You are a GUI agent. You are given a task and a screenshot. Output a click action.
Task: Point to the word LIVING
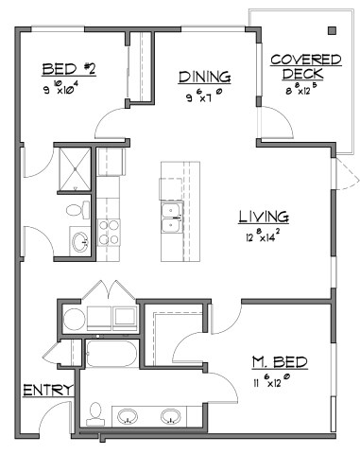pyautogui.click(x=263, y=217)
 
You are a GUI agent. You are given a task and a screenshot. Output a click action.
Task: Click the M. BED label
pyautogui.click(x=280, y=363)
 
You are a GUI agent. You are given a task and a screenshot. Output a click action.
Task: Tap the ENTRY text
pyautogui.click(x=42, y=390)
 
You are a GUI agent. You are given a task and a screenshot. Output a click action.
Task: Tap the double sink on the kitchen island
pyautogui.click(x=173, y=218)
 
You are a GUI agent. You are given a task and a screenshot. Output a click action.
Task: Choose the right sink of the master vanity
pyautogui.click(x=171, y=415)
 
